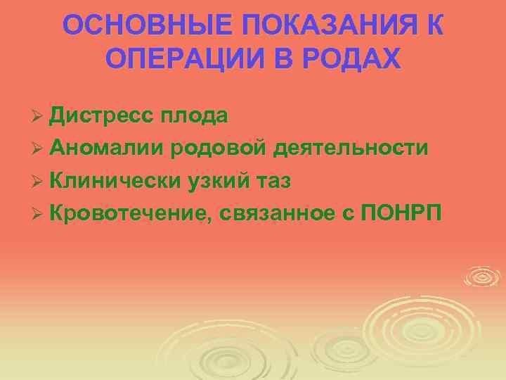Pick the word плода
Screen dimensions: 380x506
193,115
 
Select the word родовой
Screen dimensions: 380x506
221,148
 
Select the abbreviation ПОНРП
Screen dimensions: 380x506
401,213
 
